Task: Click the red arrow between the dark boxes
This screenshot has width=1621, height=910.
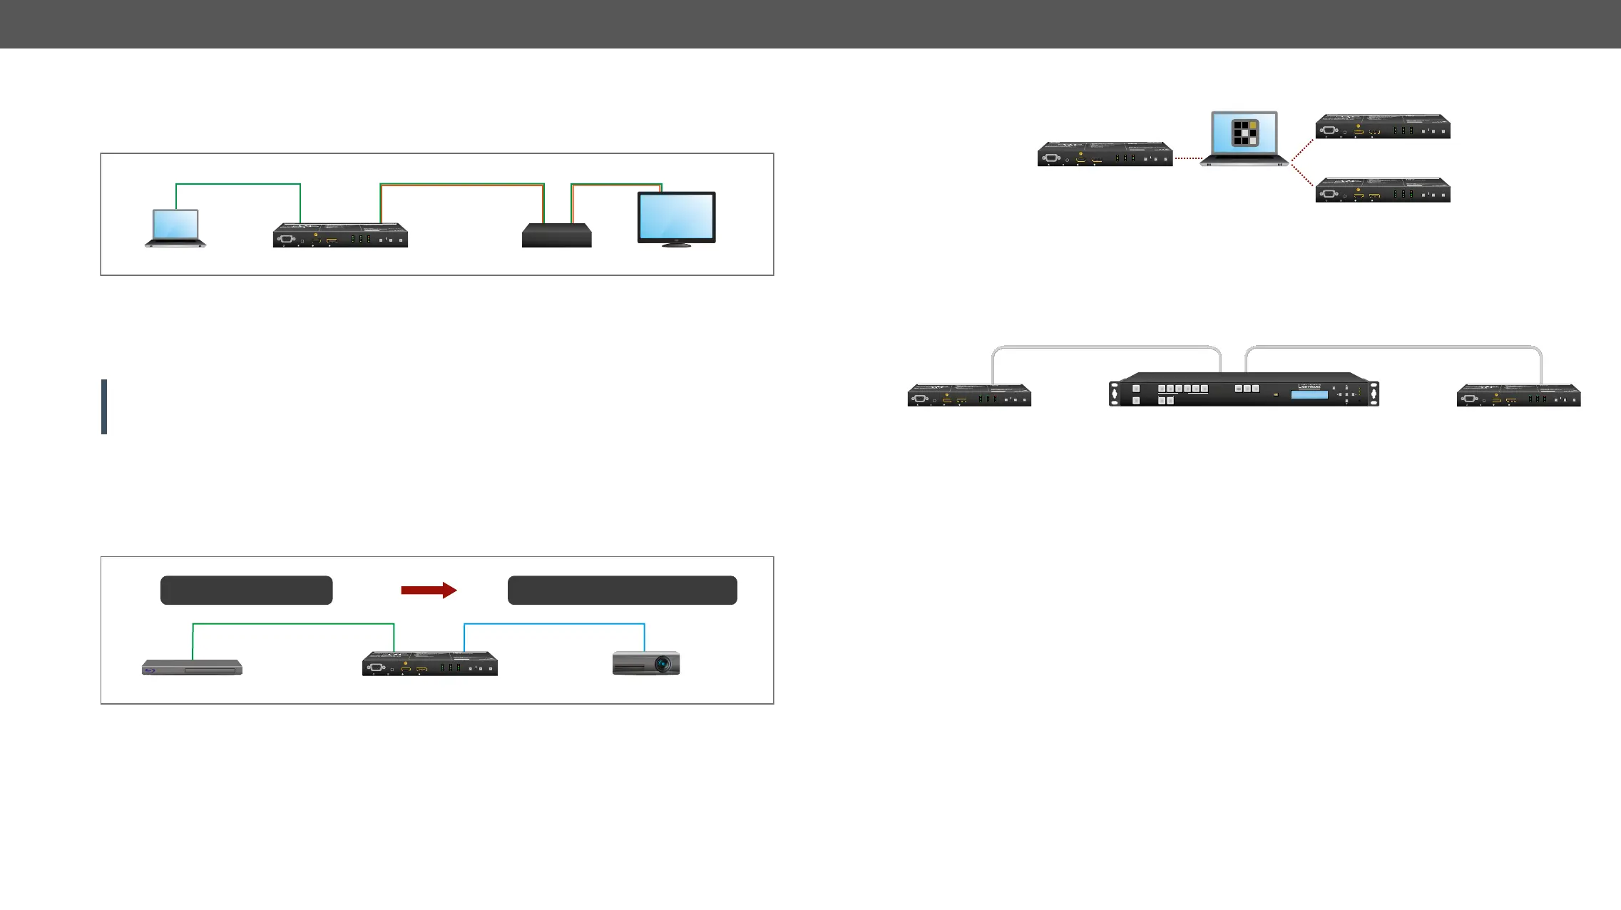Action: [429, 590]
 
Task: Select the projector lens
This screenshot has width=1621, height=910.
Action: [663, 665]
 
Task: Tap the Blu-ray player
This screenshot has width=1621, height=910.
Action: [192, 668]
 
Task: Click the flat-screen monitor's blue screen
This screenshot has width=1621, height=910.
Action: [676, 217]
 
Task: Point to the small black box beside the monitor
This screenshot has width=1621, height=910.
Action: [556, 236]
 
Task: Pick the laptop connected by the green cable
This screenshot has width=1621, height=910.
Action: [175, 228]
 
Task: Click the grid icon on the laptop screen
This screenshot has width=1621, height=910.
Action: [1245, 133]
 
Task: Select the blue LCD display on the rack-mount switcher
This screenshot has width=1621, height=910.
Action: [1309, 394]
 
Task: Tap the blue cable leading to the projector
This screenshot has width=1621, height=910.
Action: [554, 625]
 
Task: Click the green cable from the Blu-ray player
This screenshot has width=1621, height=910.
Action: [292, 625]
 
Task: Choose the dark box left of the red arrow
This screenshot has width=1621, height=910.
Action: [246, 591]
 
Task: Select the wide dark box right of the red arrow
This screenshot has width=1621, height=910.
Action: [622, 591]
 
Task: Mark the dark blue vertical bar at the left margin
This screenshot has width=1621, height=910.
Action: [104, 407]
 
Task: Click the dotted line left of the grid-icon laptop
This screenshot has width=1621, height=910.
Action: [1188, 158]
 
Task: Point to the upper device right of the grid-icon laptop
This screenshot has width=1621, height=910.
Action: [1382, 127]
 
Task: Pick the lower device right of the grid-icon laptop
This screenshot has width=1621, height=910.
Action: [1382, 190]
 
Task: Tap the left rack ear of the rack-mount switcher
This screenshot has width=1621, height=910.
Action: [1114, 394]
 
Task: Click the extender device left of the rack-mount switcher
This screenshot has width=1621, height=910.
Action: [969, 395]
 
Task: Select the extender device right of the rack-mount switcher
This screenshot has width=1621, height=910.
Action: [1518, 395]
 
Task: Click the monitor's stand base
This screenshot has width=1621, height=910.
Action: [676, 245]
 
